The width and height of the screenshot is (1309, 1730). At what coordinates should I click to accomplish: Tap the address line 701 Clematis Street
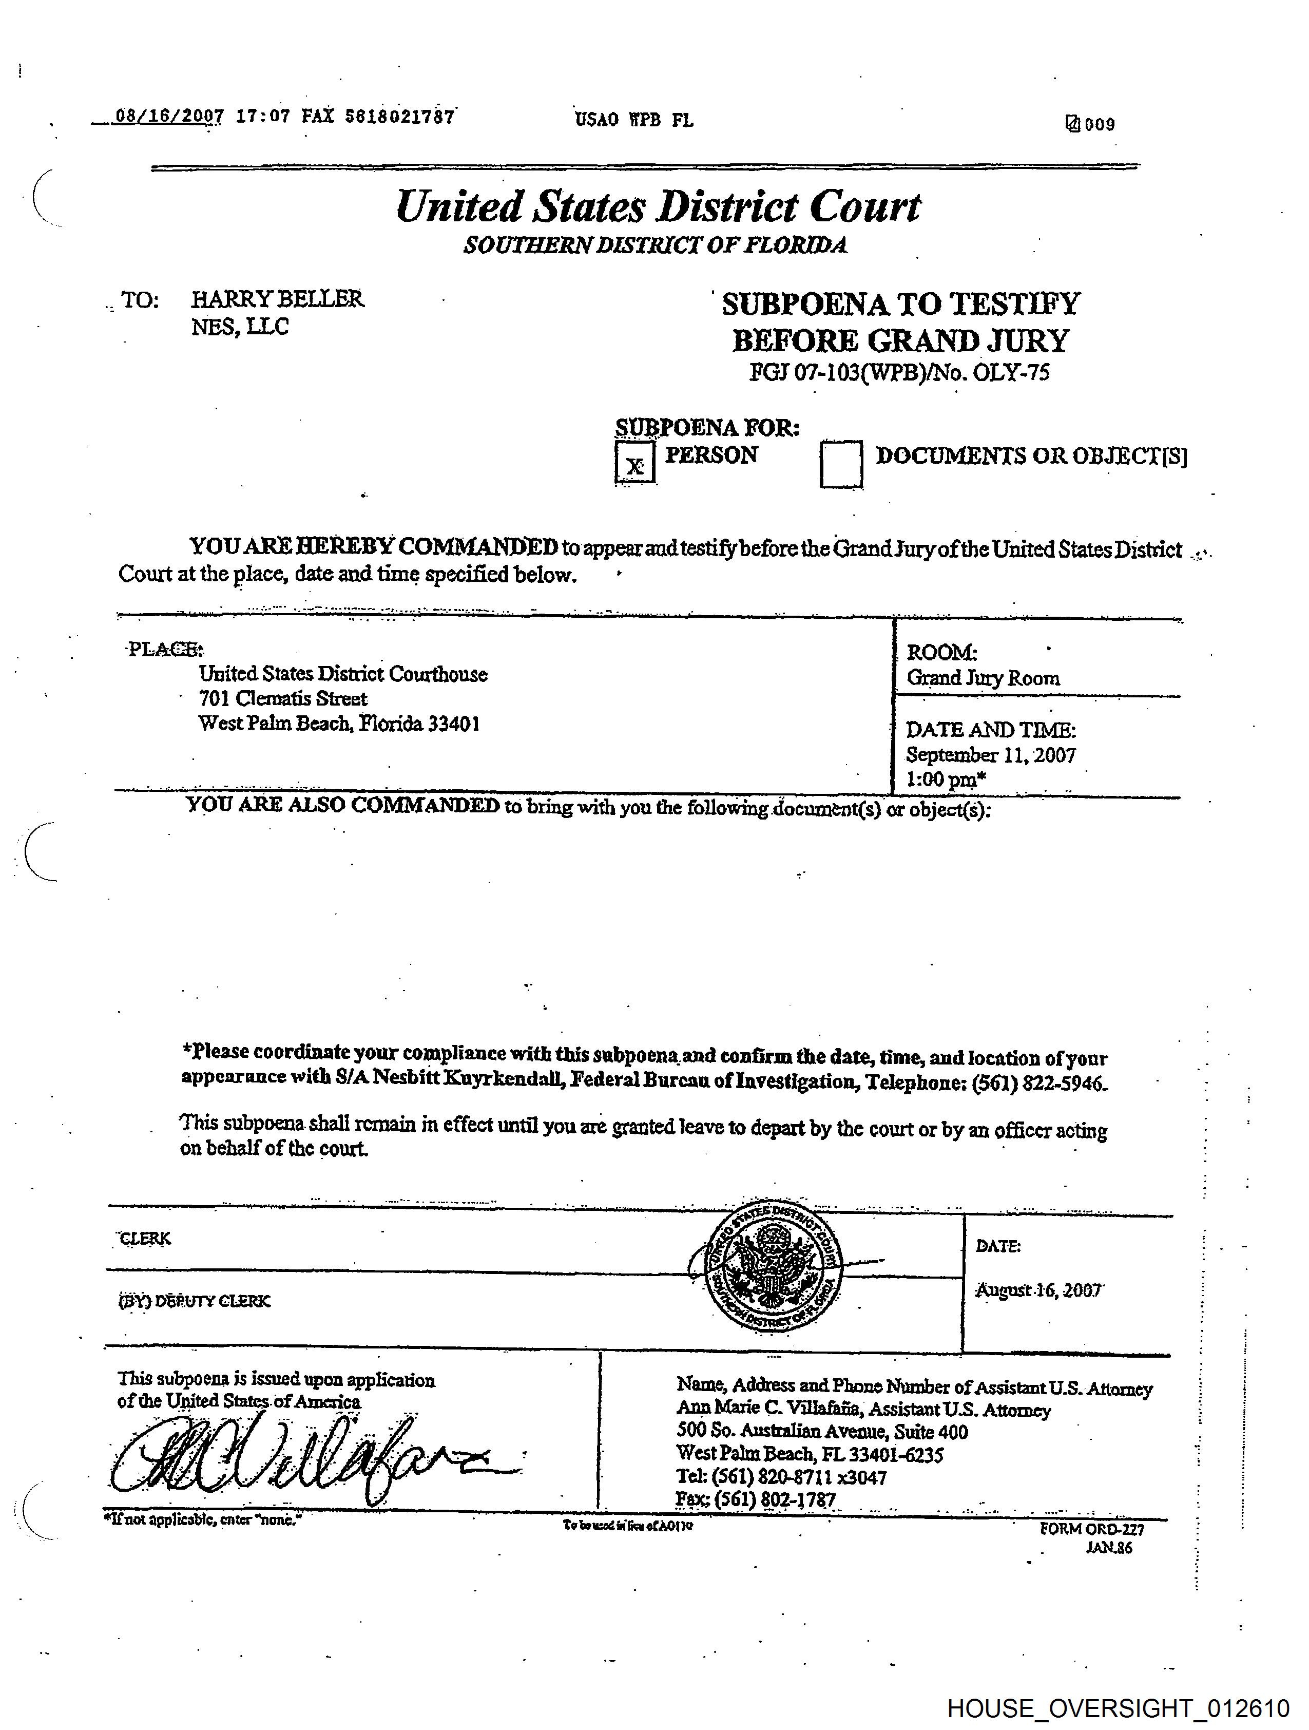click(x=282, y=698)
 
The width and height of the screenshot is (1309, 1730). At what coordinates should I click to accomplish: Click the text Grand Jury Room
click(x=983, y=678)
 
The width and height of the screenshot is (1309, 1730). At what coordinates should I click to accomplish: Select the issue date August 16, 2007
click(x=1037, y=1290)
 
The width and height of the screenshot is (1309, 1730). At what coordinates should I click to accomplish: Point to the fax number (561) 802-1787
click(x=775, y=1499)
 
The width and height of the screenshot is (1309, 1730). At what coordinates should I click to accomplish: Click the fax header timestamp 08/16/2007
click(x=169, y=117)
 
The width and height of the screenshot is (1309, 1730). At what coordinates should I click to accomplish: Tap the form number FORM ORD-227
click(x=1092, y=1529)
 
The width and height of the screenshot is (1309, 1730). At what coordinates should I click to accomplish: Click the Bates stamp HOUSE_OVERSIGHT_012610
click(x=1118, y=1708)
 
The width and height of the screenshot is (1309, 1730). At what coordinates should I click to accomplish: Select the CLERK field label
click(x=145, y=1238)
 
